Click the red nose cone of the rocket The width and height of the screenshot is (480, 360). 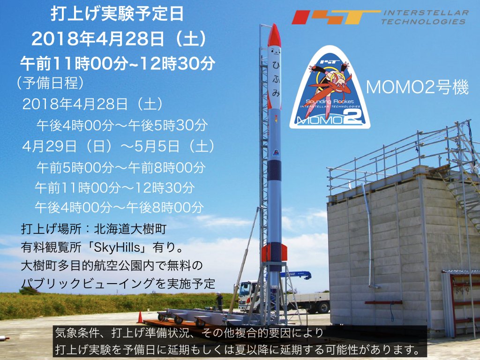click(x=274, y=35)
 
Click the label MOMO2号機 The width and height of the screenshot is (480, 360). click(x=418, y=87)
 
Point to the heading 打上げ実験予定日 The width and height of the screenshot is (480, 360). click(x=117, y=14)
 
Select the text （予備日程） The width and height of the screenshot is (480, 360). click(x=49, y=83)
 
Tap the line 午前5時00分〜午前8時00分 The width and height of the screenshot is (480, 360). click(x=121, y=166)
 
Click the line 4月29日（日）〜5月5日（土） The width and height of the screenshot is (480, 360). click(x=119, y=146)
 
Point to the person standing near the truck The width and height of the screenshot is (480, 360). click(x=219, y=301)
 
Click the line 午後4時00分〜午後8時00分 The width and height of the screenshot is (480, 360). click(x=120, y=207)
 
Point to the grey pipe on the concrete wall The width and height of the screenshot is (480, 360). click(x=368, y=234)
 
